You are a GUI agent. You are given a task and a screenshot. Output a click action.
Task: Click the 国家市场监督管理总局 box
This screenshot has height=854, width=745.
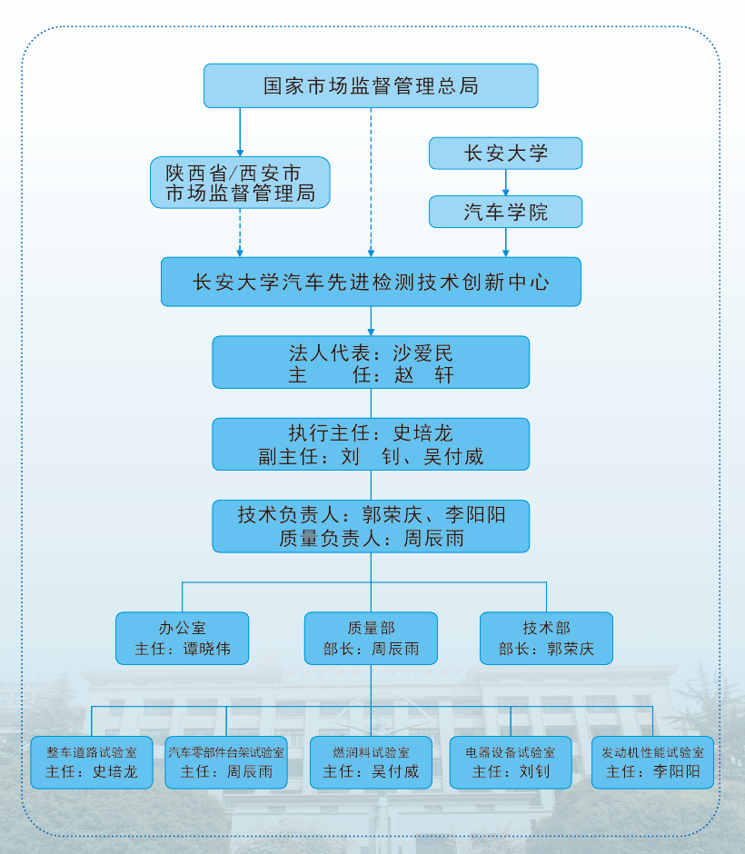point(371,85)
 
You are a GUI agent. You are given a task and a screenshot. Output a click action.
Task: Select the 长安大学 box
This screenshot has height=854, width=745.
point(505,153)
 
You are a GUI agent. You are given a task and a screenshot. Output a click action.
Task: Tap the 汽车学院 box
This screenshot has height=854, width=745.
point(505,212)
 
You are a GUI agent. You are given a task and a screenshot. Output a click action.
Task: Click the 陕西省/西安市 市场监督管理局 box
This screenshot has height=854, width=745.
point(240,183)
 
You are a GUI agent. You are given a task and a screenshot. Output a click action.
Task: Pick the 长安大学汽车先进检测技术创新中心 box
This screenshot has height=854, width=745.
point(371,282)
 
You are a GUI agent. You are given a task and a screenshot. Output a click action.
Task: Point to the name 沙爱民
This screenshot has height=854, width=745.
point(422,353)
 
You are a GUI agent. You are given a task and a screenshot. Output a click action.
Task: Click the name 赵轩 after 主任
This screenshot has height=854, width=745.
point(423,374)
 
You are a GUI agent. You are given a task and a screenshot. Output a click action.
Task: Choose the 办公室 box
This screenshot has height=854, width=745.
point(182,639)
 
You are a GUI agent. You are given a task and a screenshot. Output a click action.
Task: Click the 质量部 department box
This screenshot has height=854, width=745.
point(371,639)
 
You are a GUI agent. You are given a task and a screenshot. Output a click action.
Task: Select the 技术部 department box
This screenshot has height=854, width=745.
point(546,639)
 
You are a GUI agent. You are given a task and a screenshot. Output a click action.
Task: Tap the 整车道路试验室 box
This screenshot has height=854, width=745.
point(92,762)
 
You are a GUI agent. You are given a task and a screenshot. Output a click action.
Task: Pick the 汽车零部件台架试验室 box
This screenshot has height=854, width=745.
point(226,762)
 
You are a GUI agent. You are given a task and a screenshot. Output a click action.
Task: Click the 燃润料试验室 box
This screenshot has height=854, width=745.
point(371,762)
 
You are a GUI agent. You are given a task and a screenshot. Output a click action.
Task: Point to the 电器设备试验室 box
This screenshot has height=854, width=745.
point(511,762)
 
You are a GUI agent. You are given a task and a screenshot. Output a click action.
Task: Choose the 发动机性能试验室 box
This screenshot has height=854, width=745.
point(652,762)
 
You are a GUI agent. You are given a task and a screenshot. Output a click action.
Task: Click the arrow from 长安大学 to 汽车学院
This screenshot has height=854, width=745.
point(505,183)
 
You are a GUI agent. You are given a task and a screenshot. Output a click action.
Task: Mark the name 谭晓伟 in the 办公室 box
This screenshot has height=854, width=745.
point(207,649)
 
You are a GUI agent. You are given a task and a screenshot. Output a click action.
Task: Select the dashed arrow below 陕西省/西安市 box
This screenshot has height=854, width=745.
point(240,233)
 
